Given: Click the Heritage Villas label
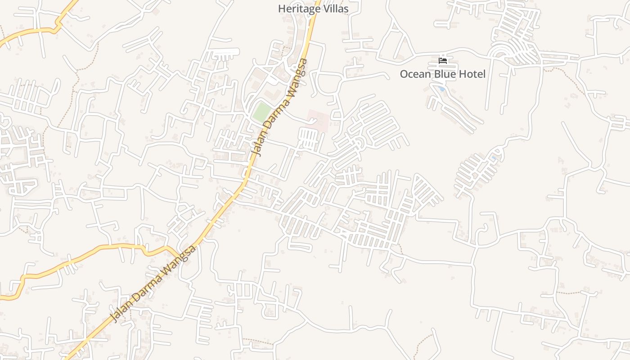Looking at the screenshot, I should (313, 9).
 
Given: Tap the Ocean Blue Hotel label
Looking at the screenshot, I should (442, 74).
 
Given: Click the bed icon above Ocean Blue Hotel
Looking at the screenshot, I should (443, 61).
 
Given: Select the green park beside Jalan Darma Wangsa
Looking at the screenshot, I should (261, 112).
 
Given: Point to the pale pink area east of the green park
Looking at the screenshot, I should (318, 119).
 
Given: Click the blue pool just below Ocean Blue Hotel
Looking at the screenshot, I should (442, 89).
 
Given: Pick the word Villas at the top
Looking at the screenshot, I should (335, 9).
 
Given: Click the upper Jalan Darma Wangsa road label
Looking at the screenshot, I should (280, 107).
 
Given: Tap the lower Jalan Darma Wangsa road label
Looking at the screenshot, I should (154, 283).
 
